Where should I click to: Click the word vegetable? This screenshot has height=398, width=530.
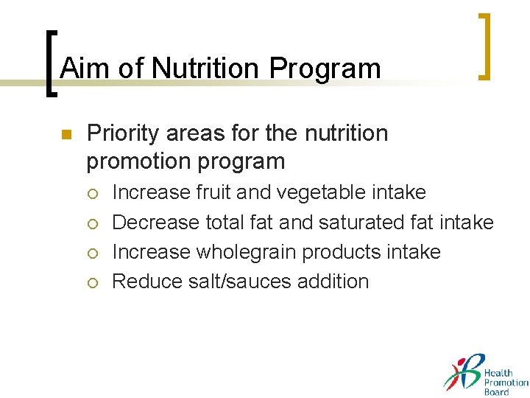(x=326, y=193)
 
